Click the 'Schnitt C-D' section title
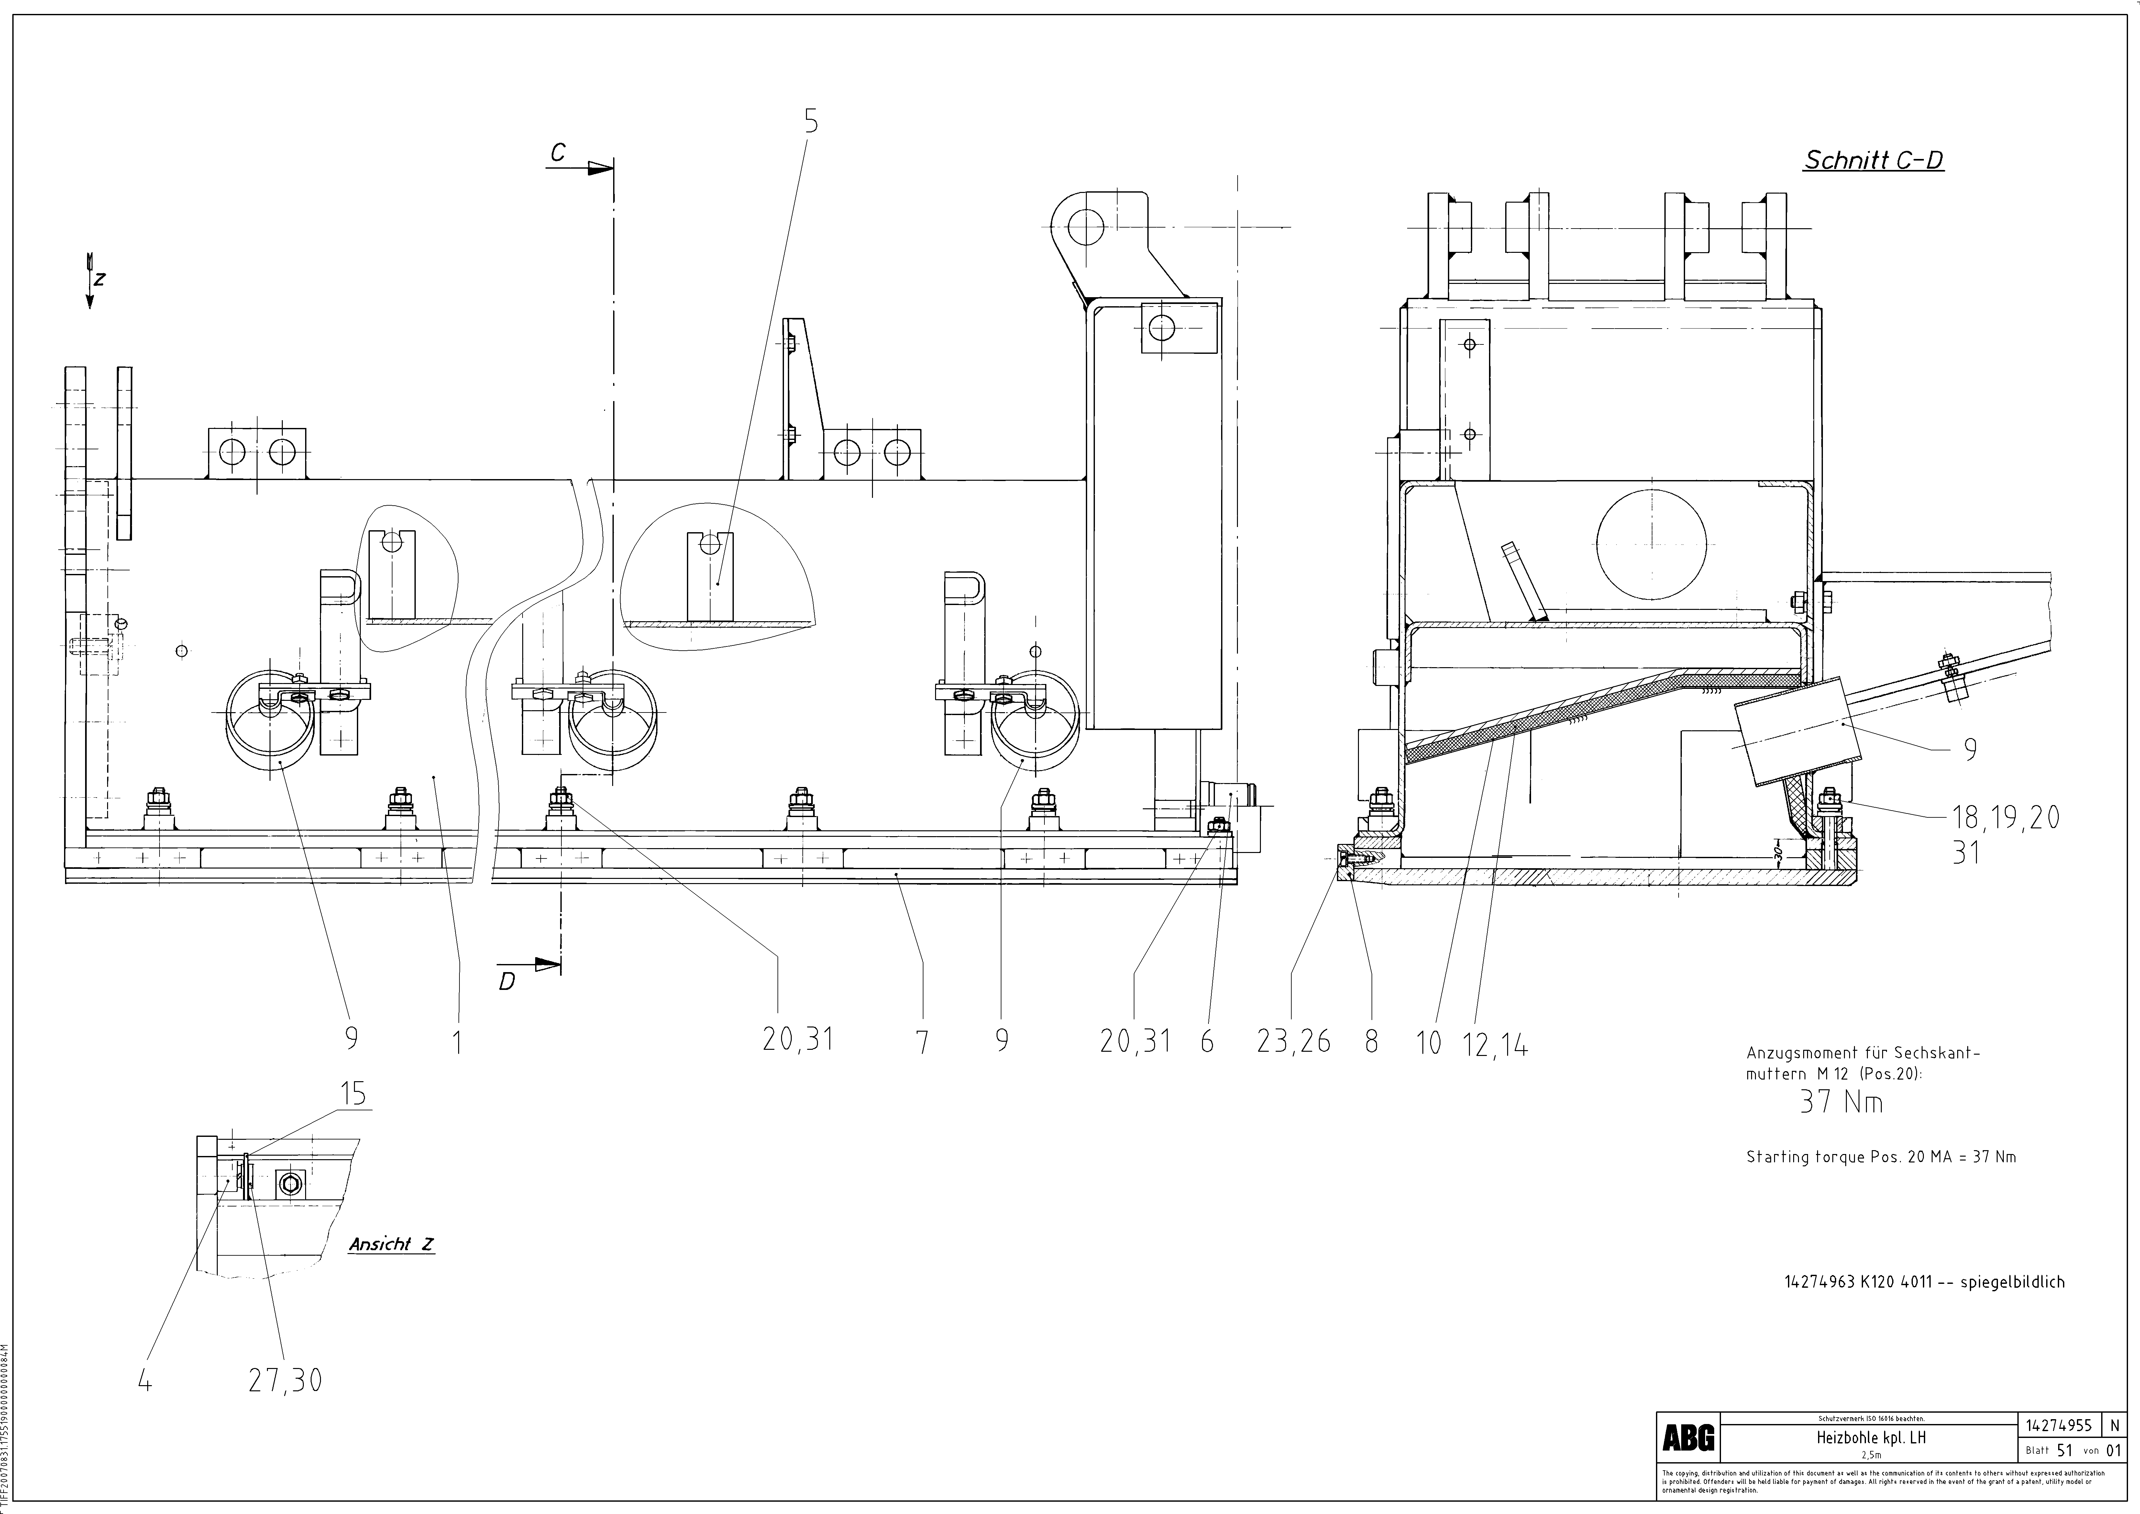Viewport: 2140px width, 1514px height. pos(1873,160)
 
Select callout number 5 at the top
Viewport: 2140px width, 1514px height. pos(811,121)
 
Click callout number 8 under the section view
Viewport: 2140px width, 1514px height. pos(1371,1041)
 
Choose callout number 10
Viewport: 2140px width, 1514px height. pos(1429,1042)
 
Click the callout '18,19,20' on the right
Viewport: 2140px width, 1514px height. pos(2006,818)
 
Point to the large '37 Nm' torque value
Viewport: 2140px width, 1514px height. pos(1841,1103)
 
